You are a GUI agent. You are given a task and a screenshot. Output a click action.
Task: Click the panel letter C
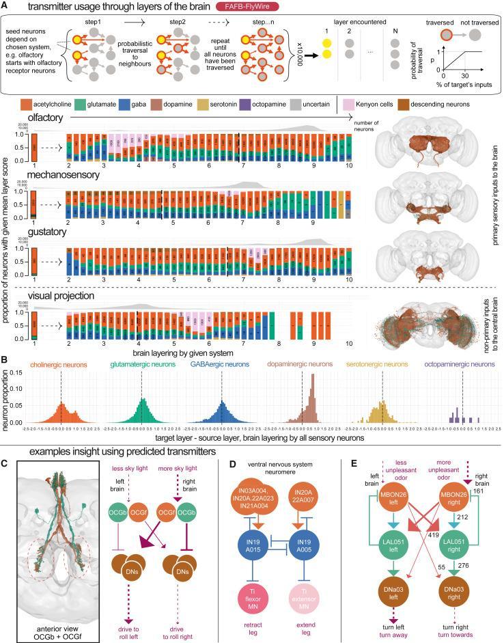(x=5, y=463)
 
